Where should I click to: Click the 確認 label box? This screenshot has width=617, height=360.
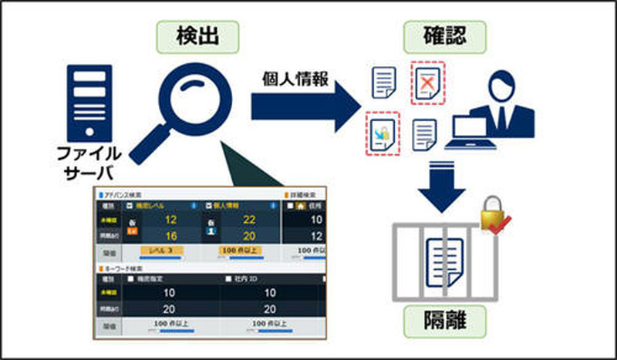(x=434, y=35)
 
